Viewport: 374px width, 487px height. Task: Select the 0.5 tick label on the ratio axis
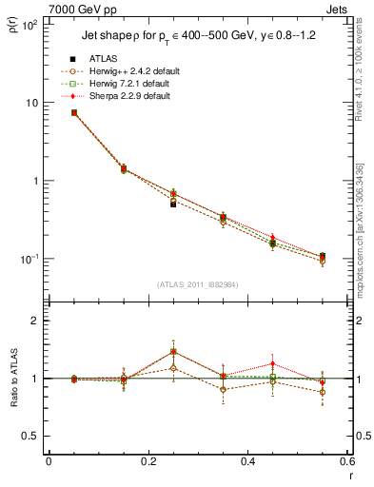tap(30, 436)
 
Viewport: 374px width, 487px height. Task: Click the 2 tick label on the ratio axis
tap(35, 321)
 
